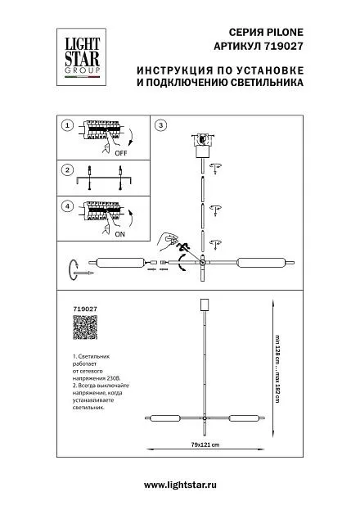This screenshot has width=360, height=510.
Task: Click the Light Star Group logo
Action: [x=81, y=57]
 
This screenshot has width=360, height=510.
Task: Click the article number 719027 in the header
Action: [x=282, y=46]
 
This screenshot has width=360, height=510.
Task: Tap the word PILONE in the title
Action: [x=285, y=32]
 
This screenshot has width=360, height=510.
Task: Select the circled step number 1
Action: [x=67, y=125]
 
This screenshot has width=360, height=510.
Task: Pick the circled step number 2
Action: [x=67, y=169]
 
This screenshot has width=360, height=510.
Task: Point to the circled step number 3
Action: [x=160, y=125]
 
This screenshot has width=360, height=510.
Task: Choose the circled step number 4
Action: [x=67, y=206]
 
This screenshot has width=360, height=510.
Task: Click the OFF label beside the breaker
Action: [x=120, y=153]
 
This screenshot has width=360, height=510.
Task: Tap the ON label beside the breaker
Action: [x=119, y=234]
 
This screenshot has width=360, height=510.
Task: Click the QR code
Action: [x=85, y=327]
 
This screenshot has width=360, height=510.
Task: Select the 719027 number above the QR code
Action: [x=85, y=309]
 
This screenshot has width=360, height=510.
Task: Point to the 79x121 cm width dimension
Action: [x=205, y=445]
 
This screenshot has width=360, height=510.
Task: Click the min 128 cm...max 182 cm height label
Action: [x=277, y=369]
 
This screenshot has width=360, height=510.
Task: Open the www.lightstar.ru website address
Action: [x=180, y=485]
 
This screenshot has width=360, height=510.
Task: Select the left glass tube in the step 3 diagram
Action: [x=120, y=262]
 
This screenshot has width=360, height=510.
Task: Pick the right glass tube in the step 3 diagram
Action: [x=262, y=262]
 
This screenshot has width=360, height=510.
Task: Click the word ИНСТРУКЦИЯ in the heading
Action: [x=174, y=70]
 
